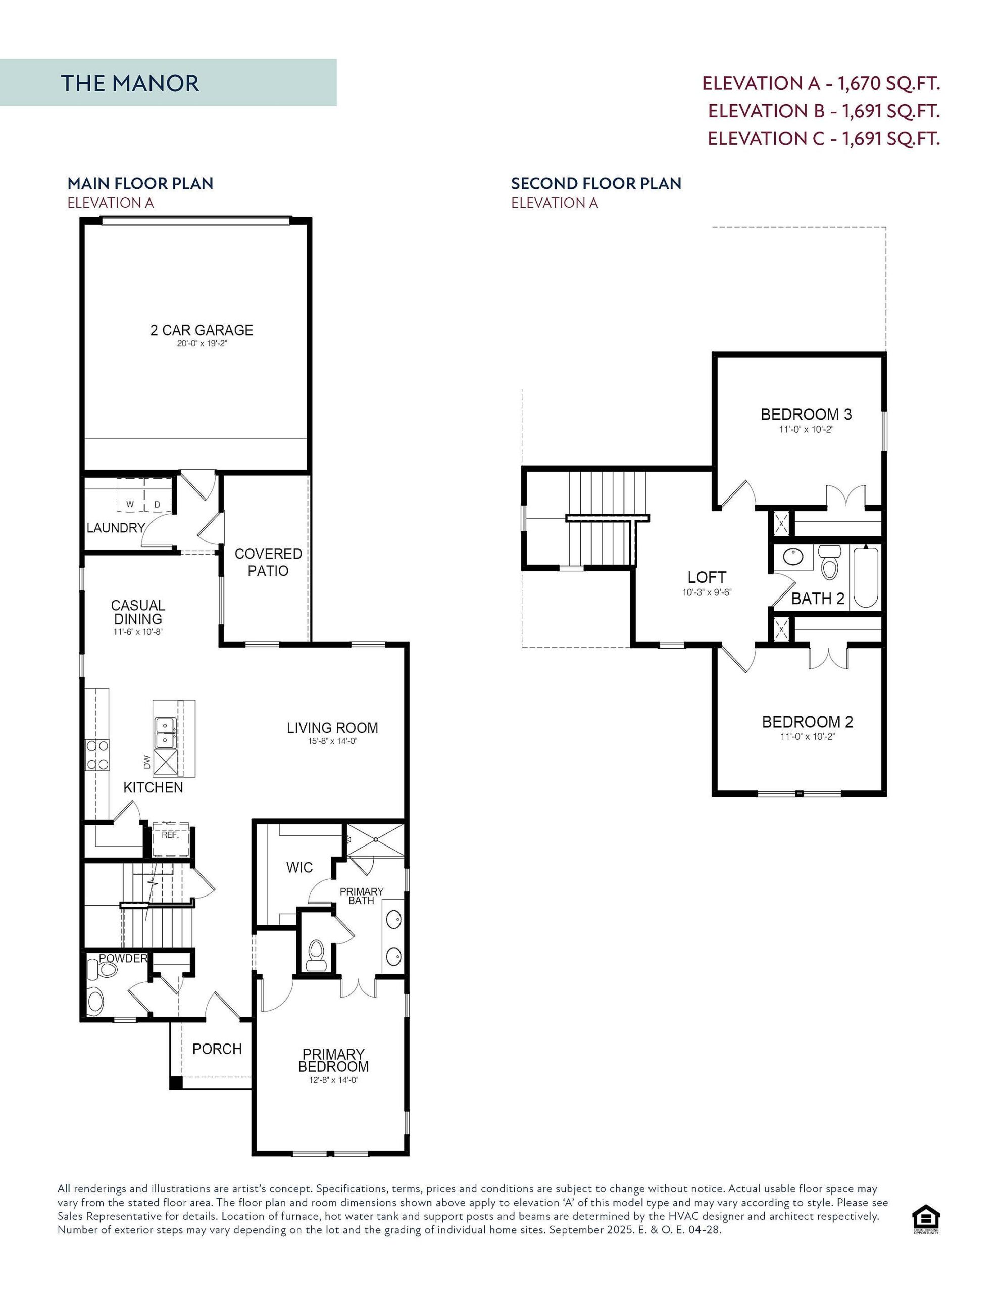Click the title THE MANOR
click(130, 83)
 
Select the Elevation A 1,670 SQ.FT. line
click(821, 83)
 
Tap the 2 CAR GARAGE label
click(202, 330)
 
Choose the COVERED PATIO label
click(268, 562)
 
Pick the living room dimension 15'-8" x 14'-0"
click(332, 741)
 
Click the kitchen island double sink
click(165, 732)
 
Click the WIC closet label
click(299, 867)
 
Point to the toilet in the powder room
click(103, 970)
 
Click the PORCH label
click(217, 1049)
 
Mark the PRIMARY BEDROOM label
click(333, 1060)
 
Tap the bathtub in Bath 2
click(866, 577)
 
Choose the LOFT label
click(707, 577)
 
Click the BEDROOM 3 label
click(806, 415)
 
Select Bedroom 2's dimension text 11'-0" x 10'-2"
click(807, 736)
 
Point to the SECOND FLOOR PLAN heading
click(596, 183)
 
